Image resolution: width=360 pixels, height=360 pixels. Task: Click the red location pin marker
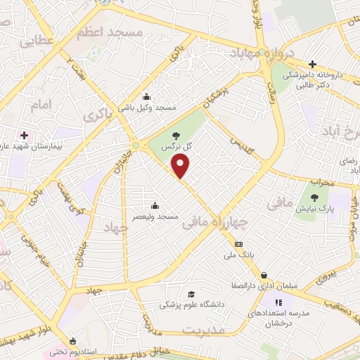(181, 167)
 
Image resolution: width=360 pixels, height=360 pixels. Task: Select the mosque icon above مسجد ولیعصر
(155, 206)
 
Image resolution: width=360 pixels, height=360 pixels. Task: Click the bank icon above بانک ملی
(239, 244)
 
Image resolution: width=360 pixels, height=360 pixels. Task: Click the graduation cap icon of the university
(191, 294)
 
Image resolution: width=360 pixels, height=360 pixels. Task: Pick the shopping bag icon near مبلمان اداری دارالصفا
(264, 275)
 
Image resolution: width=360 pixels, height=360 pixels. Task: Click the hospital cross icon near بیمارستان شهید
(24, 134)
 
